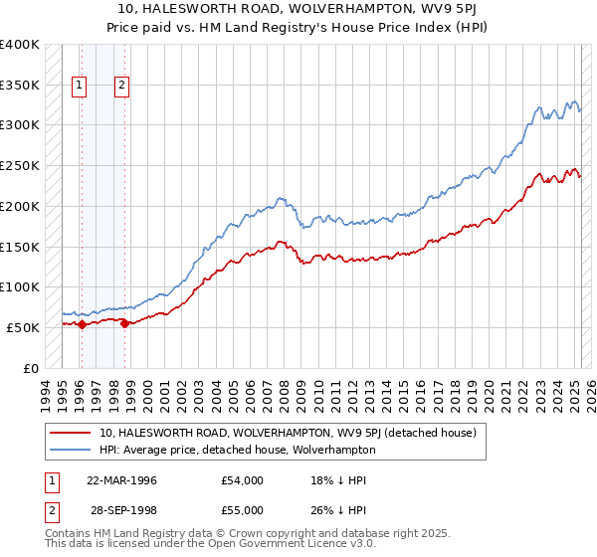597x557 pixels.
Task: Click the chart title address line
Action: [x=298, y=10]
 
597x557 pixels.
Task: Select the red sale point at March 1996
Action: [x=82, y=324]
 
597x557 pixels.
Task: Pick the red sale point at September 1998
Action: [x=124, y=323]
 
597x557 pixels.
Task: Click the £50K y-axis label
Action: [x=22, y=327]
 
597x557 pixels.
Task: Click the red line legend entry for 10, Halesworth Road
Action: [x=289, y=434]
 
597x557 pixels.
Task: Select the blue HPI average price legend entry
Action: [x=237, y=450]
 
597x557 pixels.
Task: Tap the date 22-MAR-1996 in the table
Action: [x=121, y=480]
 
